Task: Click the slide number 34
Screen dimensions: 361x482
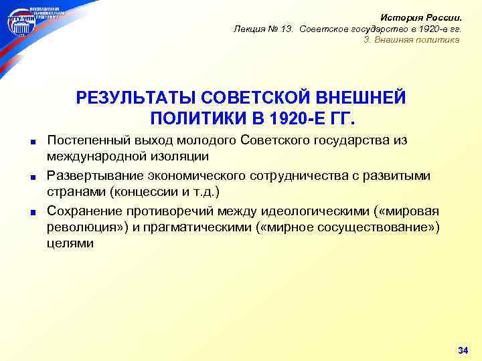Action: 462,350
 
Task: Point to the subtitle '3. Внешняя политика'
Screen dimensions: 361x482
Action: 412,39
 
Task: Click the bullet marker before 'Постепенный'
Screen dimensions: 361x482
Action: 32,142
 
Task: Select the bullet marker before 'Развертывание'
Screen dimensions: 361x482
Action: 32,177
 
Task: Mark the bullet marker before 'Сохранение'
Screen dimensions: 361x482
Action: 32,213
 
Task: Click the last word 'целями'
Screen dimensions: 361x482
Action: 70,244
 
